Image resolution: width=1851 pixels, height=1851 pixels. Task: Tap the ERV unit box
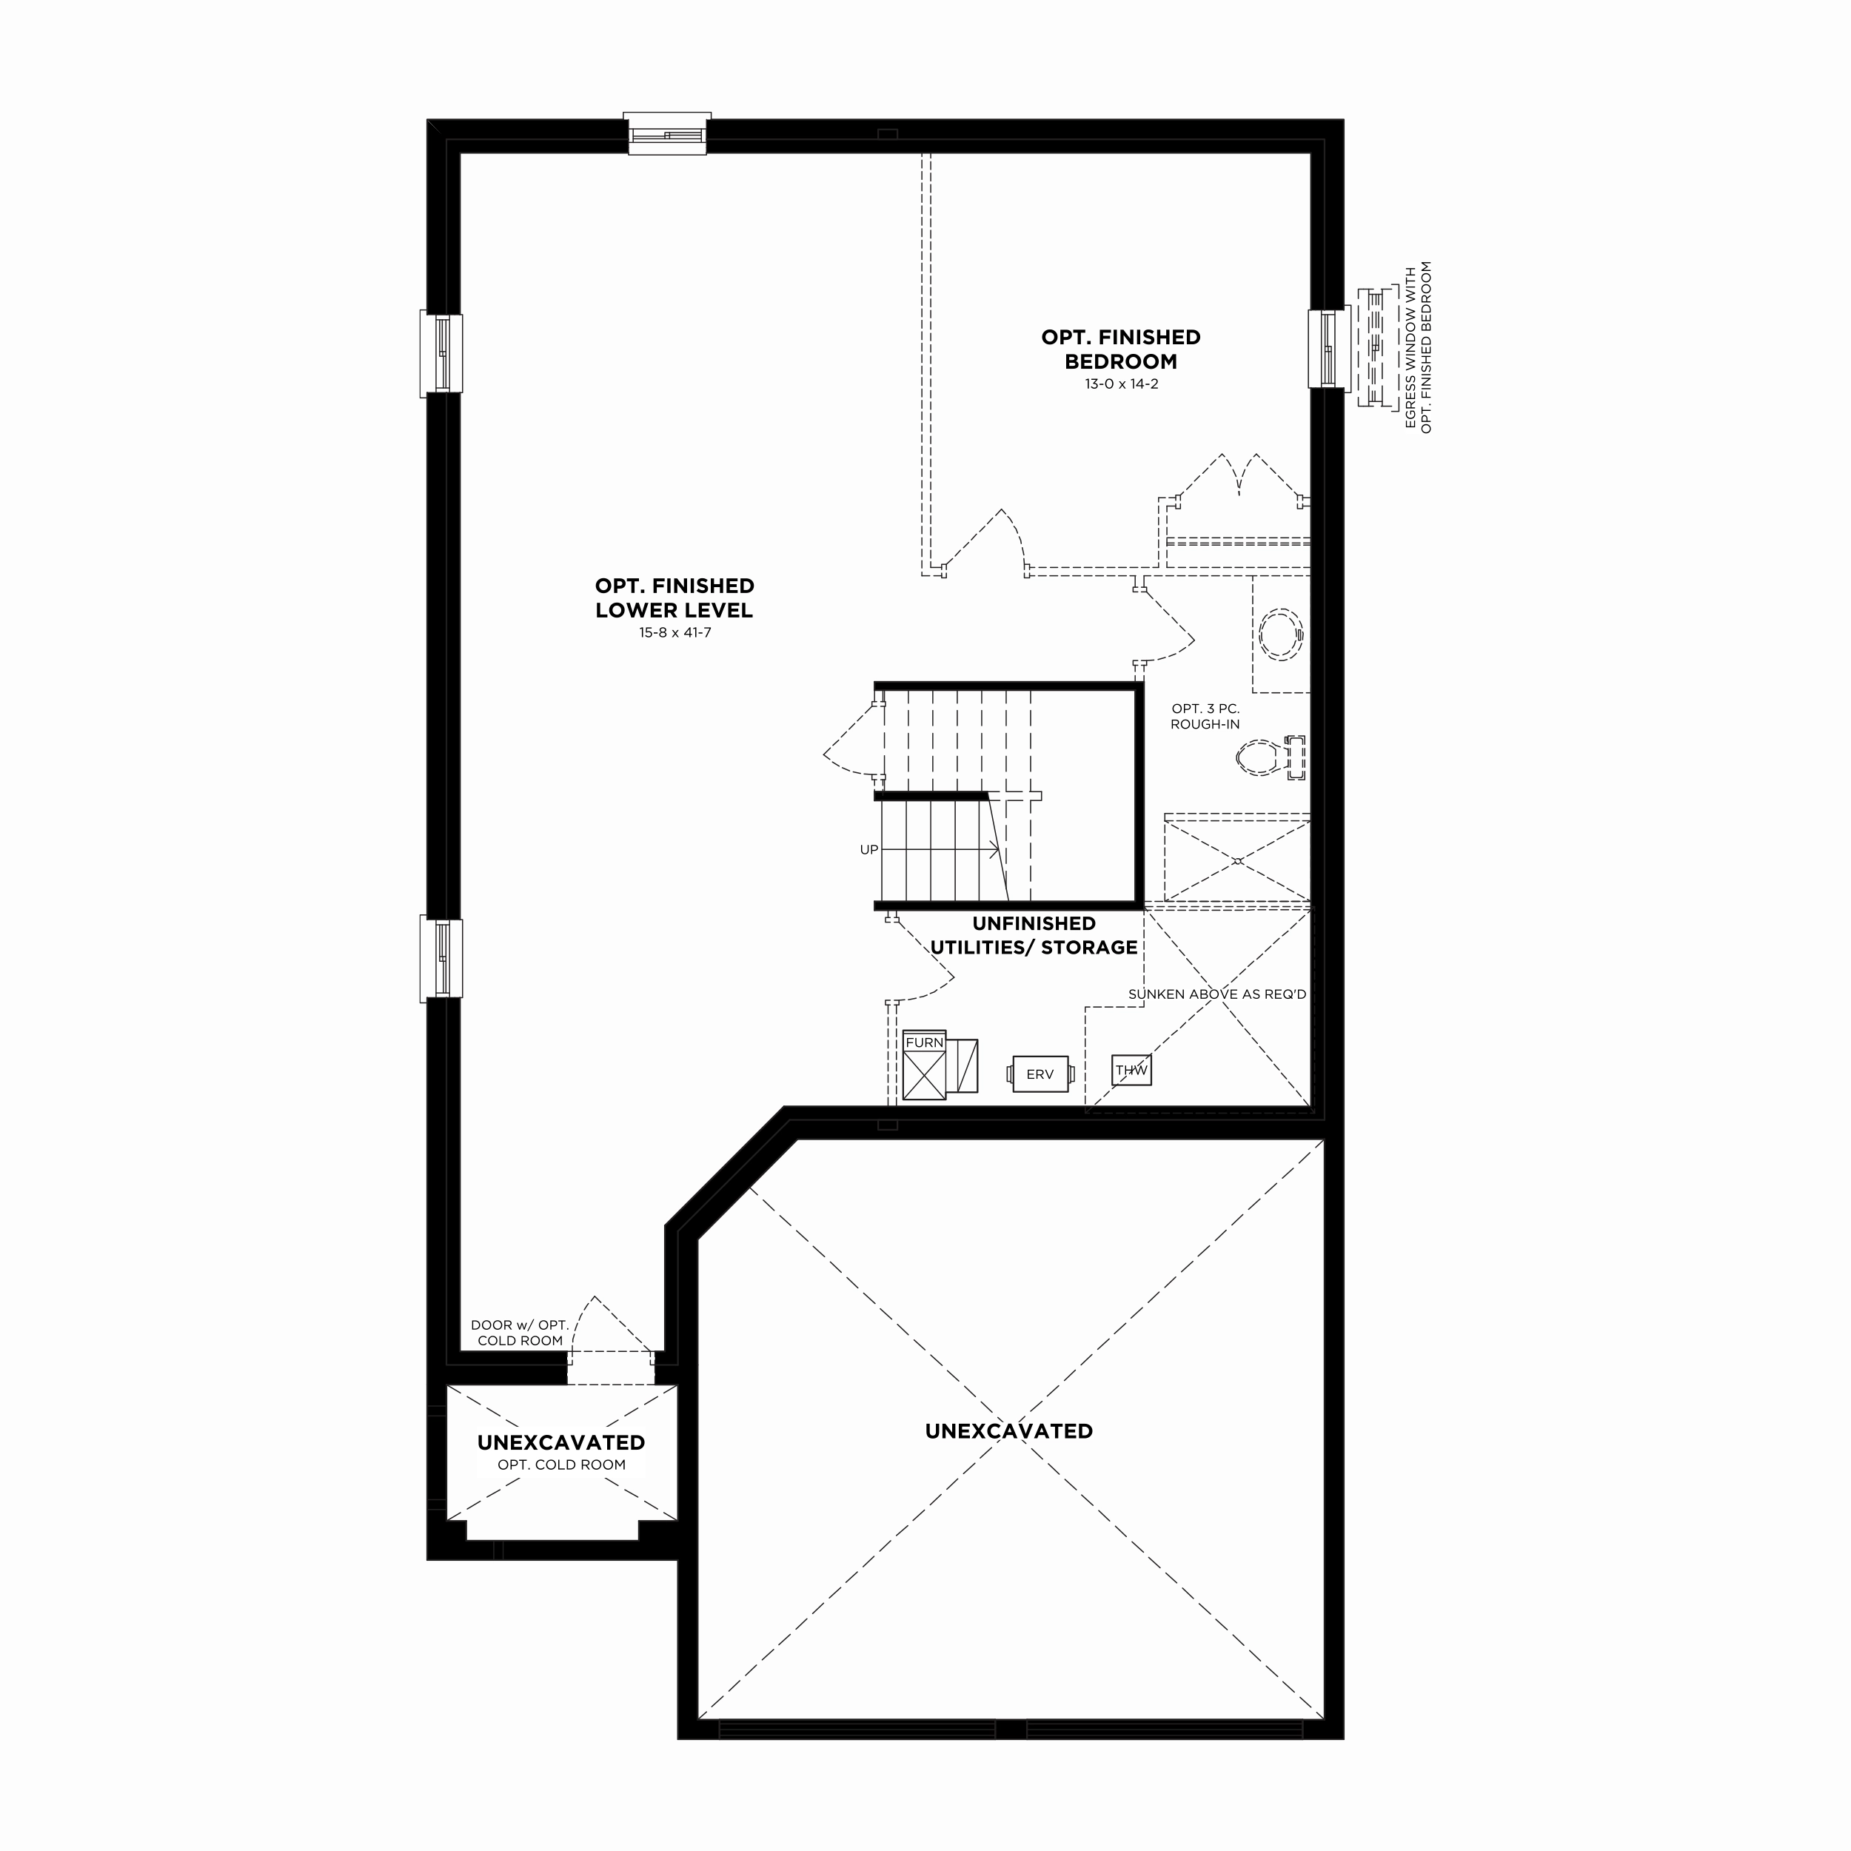coord(1040,1074)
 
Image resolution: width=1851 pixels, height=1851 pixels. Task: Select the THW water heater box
coord(1131,1070)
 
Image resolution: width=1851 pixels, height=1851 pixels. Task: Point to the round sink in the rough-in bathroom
coord(1280,635)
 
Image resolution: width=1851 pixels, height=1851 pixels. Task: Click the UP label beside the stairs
coord(869,850)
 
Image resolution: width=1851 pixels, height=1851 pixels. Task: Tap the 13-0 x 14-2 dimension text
coord(1121,384)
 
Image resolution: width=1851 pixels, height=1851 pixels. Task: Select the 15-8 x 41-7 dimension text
coord(675,632)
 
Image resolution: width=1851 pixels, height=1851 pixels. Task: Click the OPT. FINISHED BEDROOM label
coord(1121,349)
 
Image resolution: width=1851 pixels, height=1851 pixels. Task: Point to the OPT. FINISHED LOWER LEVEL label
coord(675,598)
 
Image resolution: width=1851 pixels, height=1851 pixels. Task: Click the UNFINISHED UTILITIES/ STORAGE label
coord(1034,935)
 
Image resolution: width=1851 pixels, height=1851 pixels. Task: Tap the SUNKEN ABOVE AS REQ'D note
coord(1216,994)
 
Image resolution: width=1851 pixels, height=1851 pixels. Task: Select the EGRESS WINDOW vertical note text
coord(1418,347)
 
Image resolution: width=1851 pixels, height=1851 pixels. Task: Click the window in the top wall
coord(667,133)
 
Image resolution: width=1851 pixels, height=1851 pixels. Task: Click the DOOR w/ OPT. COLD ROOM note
coord(521,1333)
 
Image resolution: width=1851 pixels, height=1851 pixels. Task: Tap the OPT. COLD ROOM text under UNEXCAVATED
coord(561,1465)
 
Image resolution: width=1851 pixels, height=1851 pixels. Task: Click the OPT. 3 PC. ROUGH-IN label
coord(1205,717)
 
